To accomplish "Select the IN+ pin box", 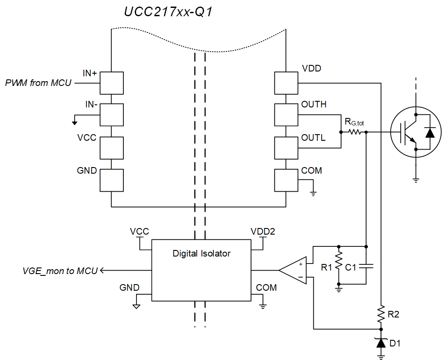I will (111, 83).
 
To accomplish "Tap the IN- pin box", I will (111, 115).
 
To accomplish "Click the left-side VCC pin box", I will (111, 147).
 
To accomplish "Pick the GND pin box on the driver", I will (111, 180).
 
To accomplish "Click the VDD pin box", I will (286, 83).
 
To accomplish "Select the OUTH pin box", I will (286, 115).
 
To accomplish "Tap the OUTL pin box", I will (286, 147).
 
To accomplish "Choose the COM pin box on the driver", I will (286, 180).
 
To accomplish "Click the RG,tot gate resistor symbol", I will (354, 132).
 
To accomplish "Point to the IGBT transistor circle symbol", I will (415, 132).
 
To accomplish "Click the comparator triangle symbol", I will (293, 270).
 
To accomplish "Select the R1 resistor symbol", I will (338, 264).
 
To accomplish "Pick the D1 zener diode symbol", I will (381, 343).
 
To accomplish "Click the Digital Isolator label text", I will (201, 253).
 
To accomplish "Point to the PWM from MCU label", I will (38, 82).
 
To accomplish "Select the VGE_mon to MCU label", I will (60, 271).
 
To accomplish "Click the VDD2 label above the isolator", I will (262, 231).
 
